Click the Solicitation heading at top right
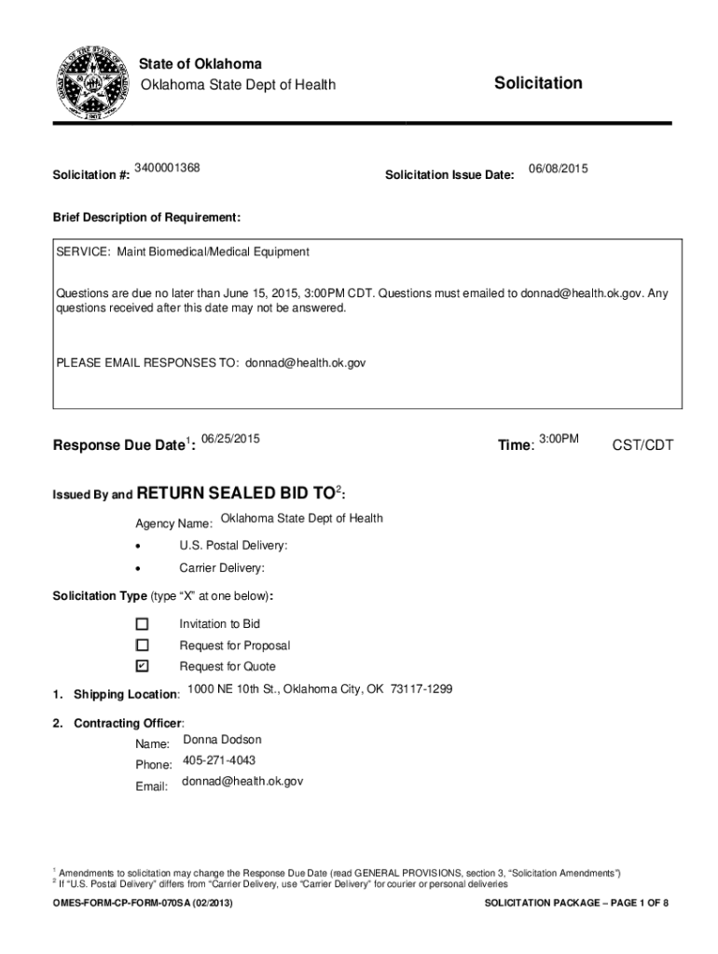pyautogui.click(x=538, y=84)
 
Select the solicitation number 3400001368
pyautogui.click(x=167, y=168)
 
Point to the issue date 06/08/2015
pyautogui.click(x=558, y=168)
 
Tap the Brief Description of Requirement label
pyautogui.click(x=146, y=217)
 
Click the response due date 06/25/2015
pyautogui.click(x=230, y=439)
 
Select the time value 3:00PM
pyautogui.click(x=559, y=439)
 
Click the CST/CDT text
pyautogui.click(x=642, y=445)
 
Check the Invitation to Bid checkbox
pyautogui.click(x=142, y=623)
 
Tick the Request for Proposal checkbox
pyautogui.click(x=142, y=645)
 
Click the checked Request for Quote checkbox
pyautogui.click(x=142, y=666)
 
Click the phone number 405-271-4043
pyautogui.click(x=218, y=760)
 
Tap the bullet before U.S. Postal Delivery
pyautogui.click(x=139, y=546)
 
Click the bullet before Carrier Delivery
pyautogui.click(x=139, y=568)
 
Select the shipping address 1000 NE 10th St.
pyautogui.click(x=319, y=689)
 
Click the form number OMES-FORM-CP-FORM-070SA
pyautogui.click(x=142, y=905)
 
